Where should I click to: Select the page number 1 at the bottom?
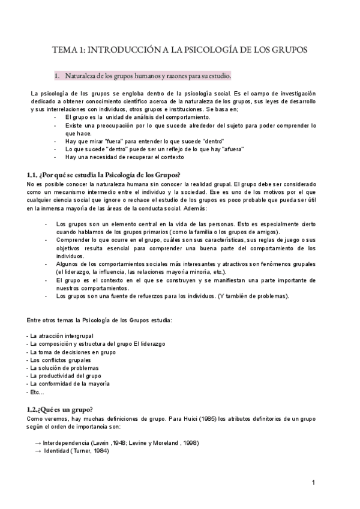point(313,483)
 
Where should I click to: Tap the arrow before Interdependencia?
point(38,442)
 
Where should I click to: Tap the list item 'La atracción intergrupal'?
point(61,335)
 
